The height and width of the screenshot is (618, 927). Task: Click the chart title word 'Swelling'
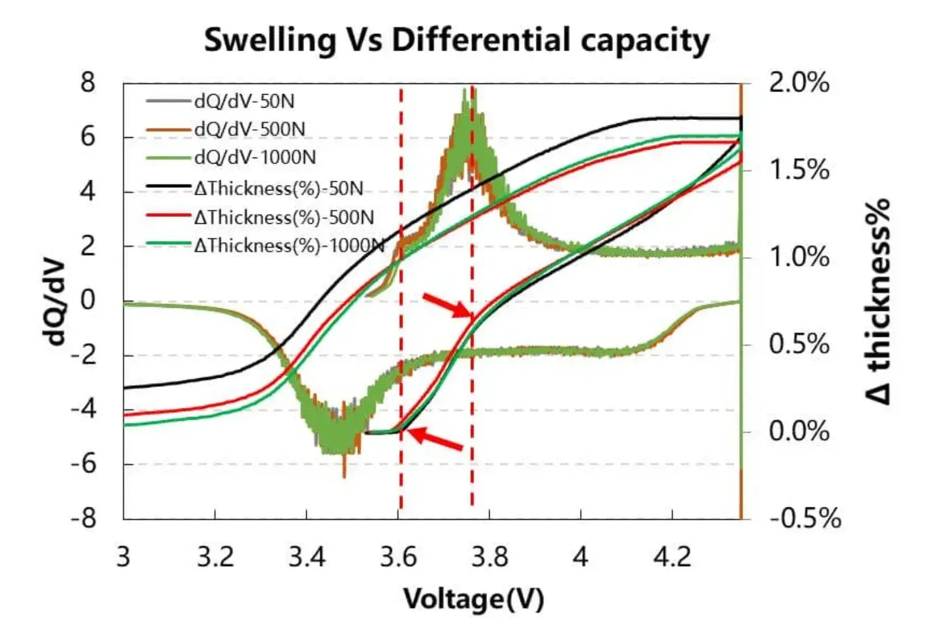click(x=269, y=41)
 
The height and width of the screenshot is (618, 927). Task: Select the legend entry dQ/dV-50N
click(x=245, y=101)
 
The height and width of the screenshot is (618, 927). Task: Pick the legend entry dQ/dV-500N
click(x=250, y=129)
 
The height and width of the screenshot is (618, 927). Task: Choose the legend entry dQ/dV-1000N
click(x=255, y=158)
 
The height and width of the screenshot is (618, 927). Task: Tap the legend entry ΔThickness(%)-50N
click(x=278, y=188)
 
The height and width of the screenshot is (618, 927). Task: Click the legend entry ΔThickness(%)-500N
click(x=284, y=217)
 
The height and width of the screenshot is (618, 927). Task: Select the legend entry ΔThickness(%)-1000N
click(x=289, y=245)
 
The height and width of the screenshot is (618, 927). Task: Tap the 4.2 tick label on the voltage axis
click(x=672, y=557)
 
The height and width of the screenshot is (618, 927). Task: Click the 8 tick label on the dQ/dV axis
click(x=88, y=82)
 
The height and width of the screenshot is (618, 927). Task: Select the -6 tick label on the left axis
click(x=83, y=463)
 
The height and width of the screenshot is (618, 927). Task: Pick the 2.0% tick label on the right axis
click(x=799, y=82)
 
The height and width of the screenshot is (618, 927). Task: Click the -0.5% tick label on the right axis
click(x=805, y=518)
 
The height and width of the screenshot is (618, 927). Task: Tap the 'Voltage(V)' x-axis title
click(x=473, y=599)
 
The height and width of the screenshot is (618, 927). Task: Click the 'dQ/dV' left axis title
click(x=54, y=301)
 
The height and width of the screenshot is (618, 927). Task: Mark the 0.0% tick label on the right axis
click(x=799, y=431)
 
